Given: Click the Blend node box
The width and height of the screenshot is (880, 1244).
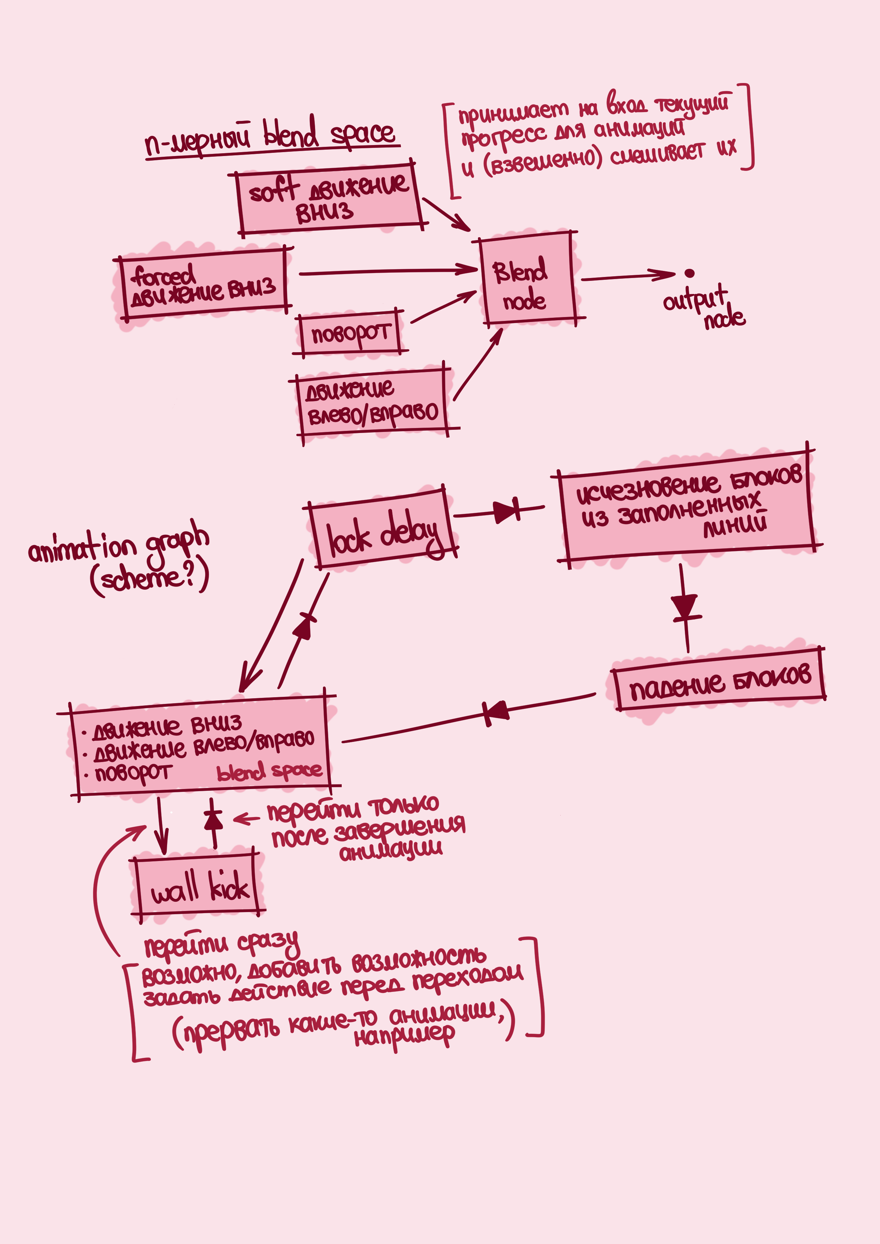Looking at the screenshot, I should point(527,279).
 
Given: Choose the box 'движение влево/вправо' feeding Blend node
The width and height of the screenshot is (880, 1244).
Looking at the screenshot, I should point(373,402).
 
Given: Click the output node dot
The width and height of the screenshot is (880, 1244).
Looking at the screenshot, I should point(689,273).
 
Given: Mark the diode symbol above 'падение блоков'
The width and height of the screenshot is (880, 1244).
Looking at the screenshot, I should point(684,606).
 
